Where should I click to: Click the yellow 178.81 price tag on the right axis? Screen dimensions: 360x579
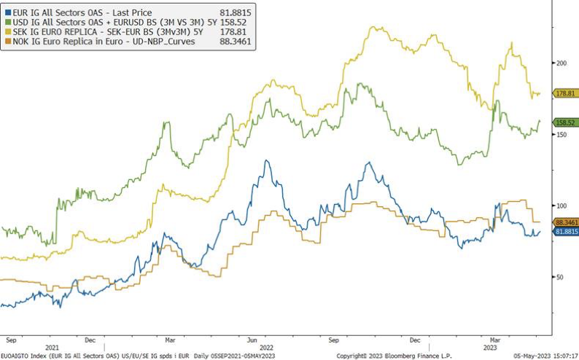(x=566, y=93)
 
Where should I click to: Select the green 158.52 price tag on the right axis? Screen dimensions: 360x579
(x=566, y=122)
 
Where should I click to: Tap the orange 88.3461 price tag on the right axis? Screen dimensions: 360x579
(x=567, y=222)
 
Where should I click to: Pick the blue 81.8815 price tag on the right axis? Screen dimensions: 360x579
(x=567, y=231)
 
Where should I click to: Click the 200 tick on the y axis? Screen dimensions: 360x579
(x=561, y=64)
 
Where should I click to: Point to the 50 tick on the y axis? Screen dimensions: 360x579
(x=559, y=277)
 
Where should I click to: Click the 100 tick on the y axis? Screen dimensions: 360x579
(x=561, y=206)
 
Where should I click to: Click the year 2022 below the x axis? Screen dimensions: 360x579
(x=266, y=348)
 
